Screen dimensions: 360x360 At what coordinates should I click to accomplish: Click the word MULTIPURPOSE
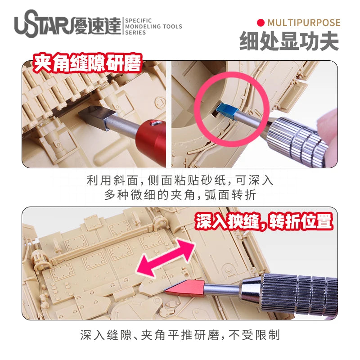304,23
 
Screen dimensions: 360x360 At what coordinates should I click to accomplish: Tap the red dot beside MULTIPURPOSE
261,22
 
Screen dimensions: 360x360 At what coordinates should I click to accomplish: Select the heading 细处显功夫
289,41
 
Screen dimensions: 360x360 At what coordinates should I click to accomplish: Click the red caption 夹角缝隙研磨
87,63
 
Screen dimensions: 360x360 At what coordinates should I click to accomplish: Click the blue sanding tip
226,111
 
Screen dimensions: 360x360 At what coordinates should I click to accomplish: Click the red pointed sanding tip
185,287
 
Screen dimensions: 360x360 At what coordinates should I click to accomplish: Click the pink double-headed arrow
166,257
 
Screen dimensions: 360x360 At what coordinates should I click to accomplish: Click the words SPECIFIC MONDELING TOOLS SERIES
153,27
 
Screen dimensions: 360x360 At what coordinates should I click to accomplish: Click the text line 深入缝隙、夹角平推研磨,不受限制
180,335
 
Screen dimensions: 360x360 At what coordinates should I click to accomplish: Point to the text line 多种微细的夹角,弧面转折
180,195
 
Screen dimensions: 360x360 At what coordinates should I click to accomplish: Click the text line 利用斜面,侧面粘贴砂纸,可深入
180,180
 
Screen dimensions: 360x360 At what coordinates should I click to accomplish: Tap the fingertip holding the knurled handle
329,129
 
